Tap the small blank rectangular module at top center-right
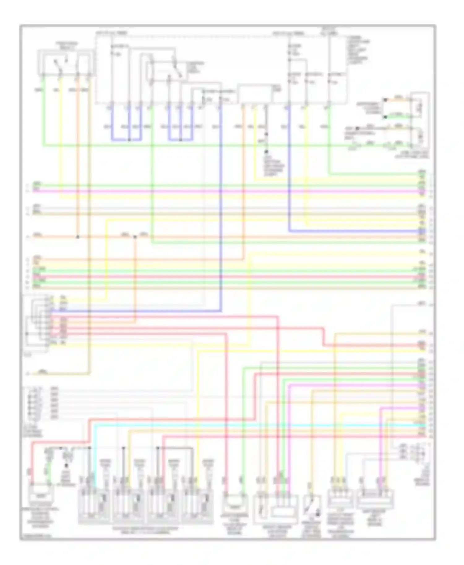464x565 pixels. pyautogui.click(x=255, y=93)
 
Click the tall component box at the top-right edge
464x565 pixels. pyautogui.click(x=419, y=119)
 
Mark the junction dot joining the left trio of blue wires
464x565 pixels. pyautogui.click(x=129, y=140)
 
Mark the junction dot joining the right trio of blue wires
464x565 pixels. pyautogui.click(x=180, y=140)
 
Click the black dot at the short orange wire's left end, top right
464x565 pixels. pyautogui.click(x=385, y=100)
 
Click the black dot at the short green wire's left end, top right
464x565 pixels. pyautogui.click(x=385, y=117)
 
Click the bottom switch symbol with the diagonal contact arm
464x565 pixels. pyautogui.click(x=312, y=507)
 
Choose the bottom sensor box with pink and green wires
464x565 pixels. pyautogui.click(x=235, y=502)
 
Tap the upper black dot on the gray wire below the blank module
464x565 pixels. pyautogui.click(x=266, y=134)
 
